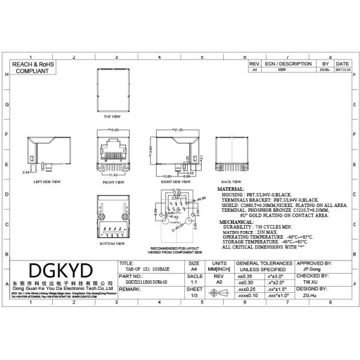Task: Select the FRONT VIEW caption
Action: point(113,181)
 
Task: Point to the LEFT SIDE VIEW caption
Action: point(46,181)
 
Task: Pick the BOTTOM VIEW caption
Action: point(112,245)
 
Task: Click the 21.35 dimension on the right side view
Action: point(178,129)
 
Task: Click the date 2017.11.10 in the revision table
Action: point(342,70)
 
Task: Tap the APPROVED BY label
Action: point(315,263)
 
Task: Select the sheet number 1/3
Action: point(194,296)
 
